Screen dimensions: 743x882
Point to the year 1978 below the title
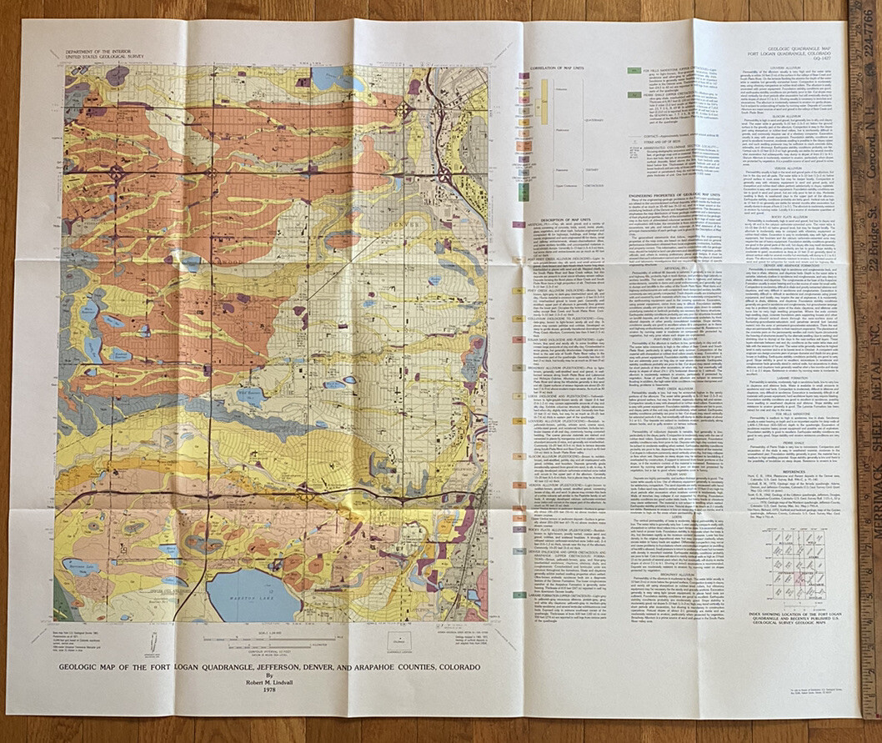tap(268, 689)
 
